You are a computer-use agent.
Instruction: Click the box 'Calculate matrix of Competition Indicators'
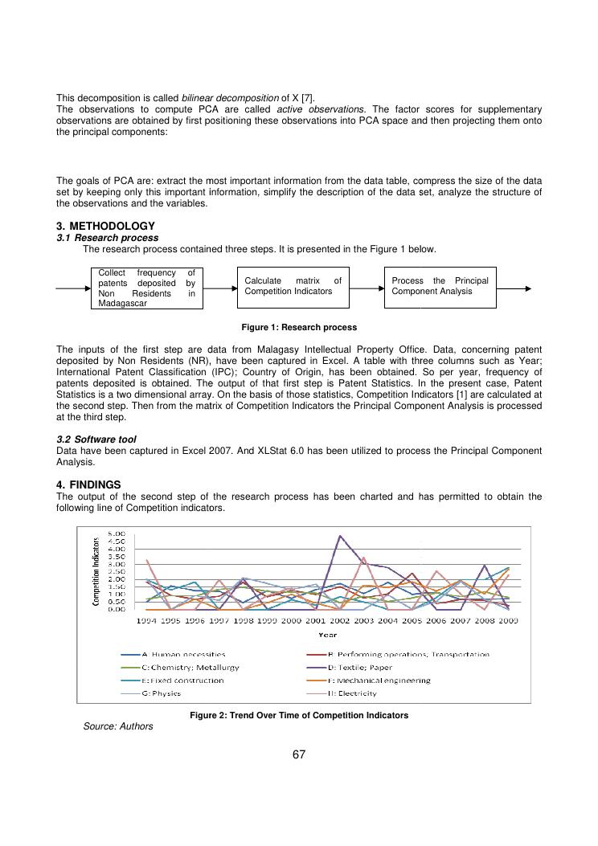coord(293,287)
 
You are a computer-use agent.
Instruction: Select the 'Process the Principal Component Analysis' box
coord(440,287)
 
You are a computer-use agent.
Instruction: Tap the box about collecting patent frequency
coord(146,288)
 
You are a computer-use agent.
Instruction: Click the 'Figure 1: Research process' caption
coord(299,328)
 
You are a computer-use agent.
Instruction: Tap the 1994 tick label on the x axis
coord(146,620)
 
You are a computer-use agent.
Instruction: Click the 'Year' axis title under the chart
coord(327,634)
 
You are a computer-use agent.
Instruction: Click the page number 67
coord(299,754)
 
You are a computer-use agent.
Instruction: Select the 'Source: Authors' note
coord(117,726)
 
